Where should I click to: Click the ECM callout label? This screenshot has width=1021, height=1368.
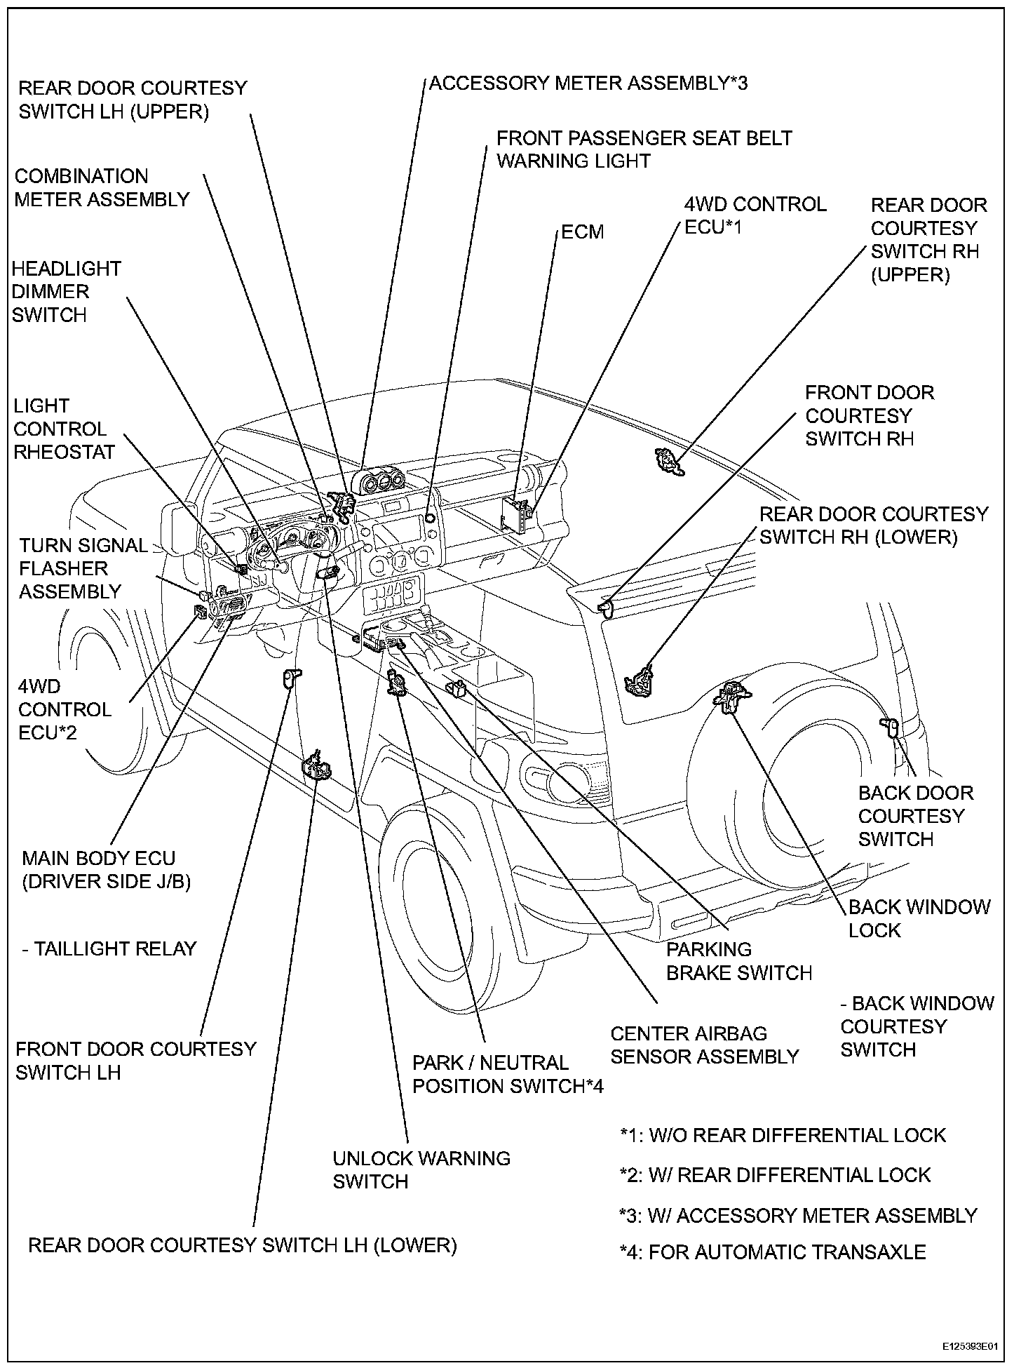(x=583, y=232)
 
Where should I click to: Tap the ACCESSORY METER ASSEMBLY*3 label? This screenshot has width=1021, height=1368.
(x=588, y=83)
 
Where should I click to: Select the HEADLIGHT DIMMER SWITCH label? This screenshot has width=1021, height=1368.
(x=66, y=292)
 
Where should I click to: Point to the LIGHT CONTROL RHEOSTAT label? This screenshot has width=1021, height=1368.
(x=64, y=429)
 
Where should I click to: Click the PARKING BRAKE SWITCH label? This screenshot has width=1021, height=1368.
(x=738, y=961)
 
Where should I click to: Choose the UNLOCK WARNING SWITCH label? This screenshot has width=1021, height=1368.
(x=421, y=1169)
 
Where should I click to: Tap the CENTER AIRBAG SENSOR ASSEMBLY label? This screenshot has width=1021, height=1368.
(x=704, y=1045)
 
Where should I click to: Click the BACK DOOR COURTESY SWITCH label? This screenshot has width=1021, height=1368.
(x=915, y=816)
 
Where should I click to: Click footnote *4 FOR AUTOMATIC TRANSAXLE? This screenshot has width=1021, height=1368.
(x=773, y=1252)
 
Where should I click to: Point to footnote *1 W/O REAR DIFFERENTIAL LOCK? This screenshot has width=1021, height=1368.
(x=783, y=1135)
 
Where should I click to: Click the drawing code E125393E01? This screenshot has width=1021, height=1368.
(x=969, y=1347)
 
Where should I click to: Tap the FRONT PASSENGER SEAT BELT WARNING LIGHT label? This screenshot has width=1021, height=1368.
(x=644, y=149)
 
